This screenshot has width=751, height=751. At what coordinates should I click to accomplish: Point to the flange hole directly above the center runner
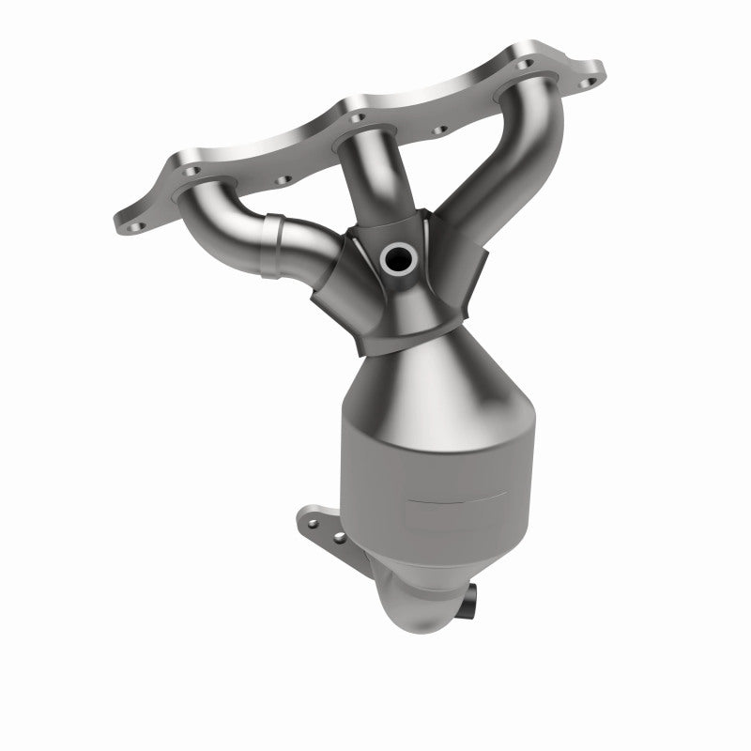355,118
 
